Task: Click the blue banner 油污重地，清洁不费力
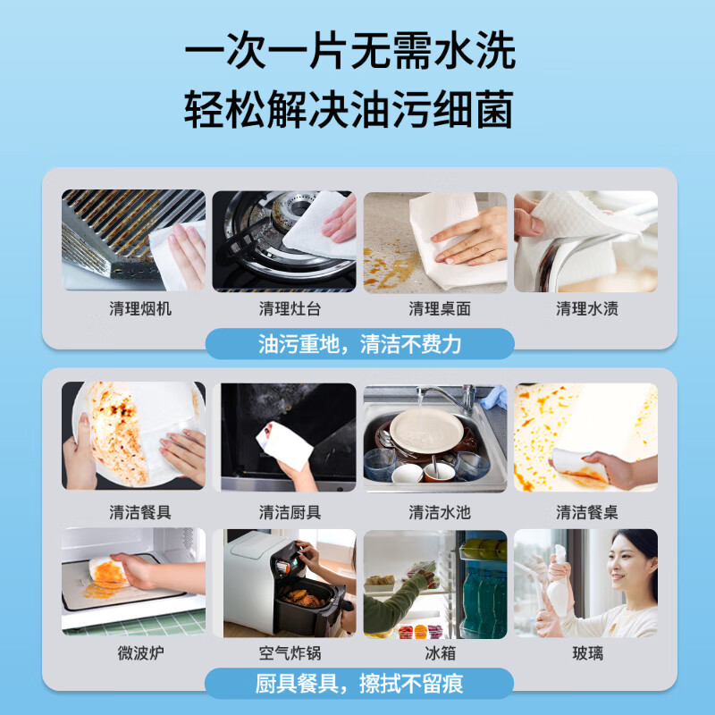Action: (x=359, y=343)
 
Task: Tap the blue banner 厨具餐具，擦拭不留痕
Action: (x=359, y=684)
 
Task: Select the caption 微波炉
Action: (x=133, y=653)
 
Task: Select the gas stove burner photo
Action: (x=284, y=240)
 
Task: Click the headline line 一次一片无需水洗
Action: (x=349, y=52)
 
